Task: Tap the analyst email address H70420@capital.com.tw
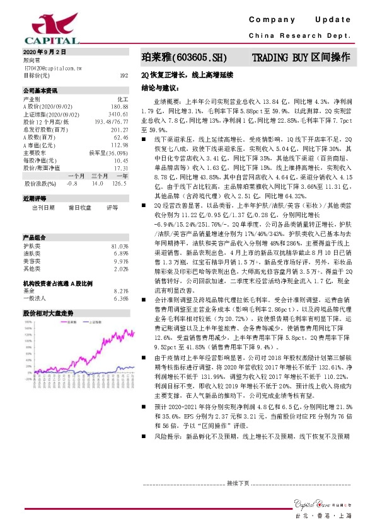click(x=51, y=67)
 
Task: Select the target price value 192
click(x=124, y=75)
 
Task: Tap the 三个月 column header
click(x=99, y=176)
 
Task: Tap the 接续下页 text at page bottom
click(x=239, y=483)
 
